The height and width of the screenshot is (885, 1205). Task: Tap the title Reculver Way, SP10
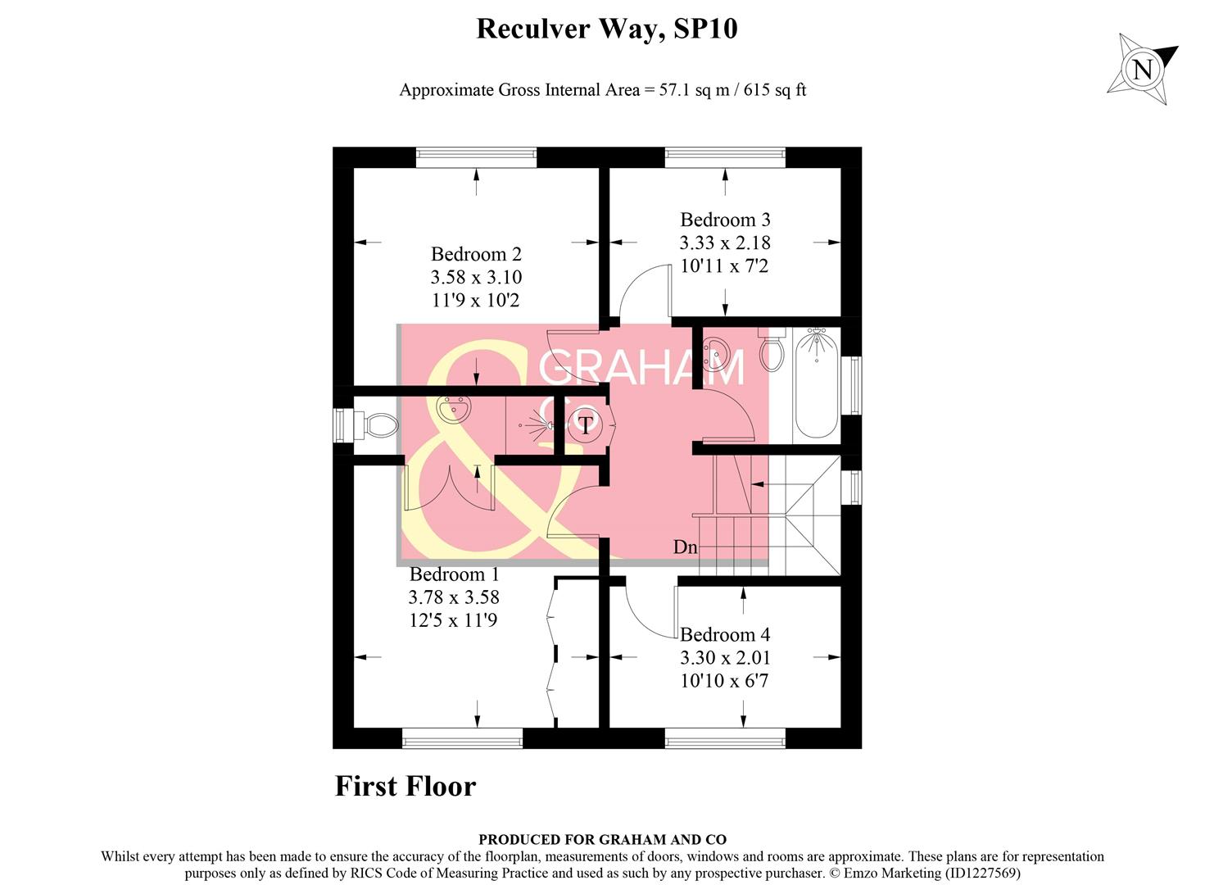tap(606, 29)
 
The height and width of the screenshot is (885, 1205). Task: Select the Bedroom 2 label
tap(476, 255)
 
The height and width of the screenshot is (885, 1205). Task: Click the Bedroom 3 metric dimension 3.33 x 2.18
tap(725, 243)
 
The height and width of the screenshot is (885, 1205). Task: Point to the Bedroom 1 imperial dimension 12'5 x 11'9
tap(453, 621)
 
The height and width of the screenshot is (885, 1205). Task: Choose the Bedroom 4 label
tap(725, 635)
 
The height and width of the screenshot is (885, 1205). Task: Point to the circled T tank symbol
tap(586, 424)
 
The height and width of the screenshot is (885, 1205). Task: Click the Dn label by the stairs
tap(685, 547)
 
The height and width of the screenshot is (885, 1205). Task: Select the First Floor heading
tap(405, 787)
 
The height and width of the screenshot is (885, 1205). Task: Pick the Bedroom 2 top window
tap(476, 157)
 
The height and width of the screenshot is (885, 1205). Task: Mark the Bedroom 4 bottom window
tap(725, 739)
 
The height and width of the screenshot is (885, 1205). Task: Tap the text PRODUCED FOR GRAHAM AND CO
tap(602, 839)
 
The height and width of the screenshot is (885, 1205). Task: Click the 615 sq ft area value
tap(775, 90)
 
